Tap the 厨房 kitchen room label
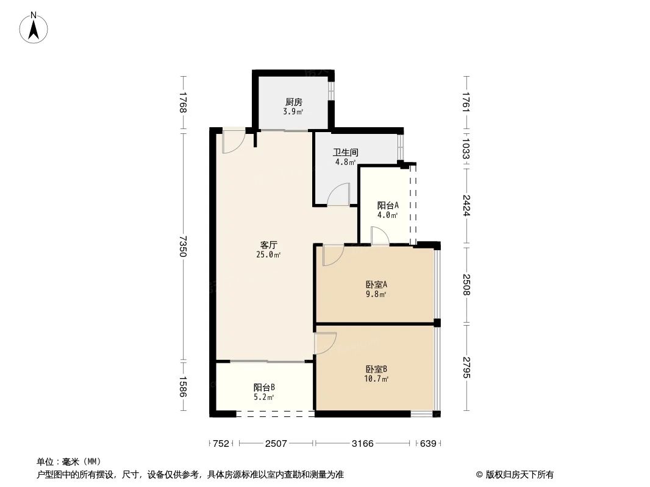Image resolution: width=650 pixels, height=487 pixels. coord(293,102)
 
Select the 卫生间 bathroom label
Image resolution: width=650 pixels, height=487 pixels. coord(345,153)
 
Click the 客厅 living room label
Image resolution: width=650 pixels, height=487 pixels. coord(268,245)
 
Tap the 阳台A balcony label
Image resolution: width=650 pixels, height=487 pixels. coord(388,205)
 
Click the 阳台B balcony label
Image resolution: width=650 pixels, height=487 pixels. coord(264,387)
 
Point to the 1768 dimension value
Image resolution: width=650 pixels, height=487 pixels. coord(182,103)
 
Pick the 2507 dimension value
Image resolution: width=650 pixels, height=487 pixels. coord(276,444)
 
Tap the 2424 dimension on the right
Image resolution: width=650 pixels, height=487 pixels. coord(466,205)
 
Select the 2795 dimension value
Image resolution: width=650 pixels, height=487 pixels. coord(466,368)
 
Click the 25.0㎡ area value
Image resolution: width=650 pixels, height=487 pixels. coord(268,254)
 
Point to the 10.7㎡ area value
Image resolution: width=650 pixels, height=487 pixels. coord(377,379)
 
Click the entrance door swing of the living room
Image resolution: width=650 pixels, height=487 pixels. coord(233,141)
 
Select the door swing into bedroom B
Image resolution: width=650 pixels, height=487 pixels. coord(325,343)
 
